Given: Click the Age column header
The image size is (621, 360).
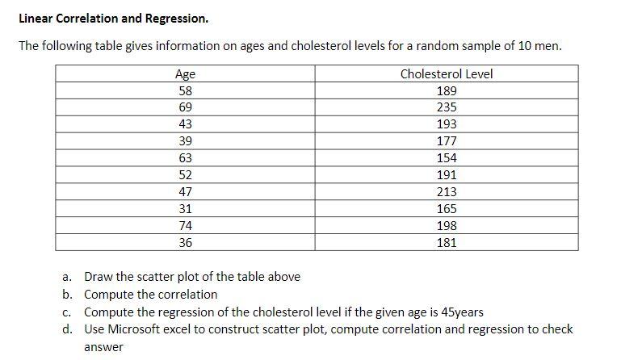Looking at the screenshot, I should (185, 74).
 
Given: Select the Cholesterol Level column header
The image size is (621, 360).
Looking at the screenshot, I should (447, 74).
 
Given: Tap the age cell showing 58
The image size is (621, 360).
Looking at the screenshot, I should (185, 91).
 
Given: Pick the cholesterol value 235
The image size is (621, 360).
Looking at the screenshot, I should (447, 107).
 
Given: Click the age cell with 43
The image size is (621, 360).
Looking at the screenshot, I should (185, 124).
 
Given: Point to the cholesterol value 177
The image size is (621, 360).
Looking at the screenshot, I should (447, 141).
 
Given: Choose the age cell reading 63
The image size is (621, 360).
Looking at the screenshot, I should (185, 158).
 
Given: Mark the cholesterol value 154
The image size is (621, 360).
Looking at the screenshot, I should (447, 158).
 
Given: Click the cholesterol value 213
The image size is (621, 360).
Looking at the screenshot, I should (447, 192).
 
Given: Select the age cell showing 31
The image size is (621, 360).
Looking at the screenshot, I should (185, 208).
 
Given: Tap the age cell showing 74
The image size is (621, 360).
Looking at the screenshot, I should (185, 225).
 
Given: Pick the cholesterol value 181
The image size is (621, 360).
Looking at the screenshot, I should (447, 242).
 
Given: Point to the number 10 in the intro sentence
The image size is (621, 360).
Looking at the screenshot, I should (524, 46).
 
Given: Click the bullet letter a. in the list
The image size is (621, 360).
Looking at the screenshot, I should (67, 277).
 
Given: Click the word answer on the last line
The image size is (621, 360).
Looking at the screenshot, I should (104, 347).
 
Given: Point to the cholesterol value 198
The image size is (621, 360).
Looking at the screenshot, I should (447, 225).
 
